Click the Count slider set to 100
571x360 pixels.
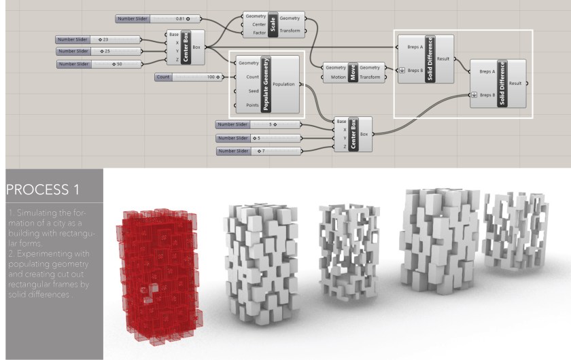click(188, 77)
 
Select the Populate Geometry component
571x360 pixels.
click(266, 84)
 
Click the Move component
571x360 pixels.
click(353, 72)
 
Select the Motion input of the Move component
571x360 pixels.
click(334, 77)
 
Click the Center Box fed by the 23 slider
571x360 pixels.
click(185, 48)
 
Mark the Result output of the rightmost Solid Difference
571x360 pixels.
click(515, 83)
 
